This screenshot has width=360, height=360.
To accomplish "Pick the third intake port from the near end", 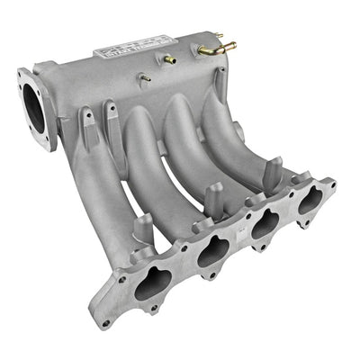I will (265, 223).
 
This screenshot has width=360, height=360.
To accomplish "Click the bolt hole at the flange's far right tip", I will (332, 184).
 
